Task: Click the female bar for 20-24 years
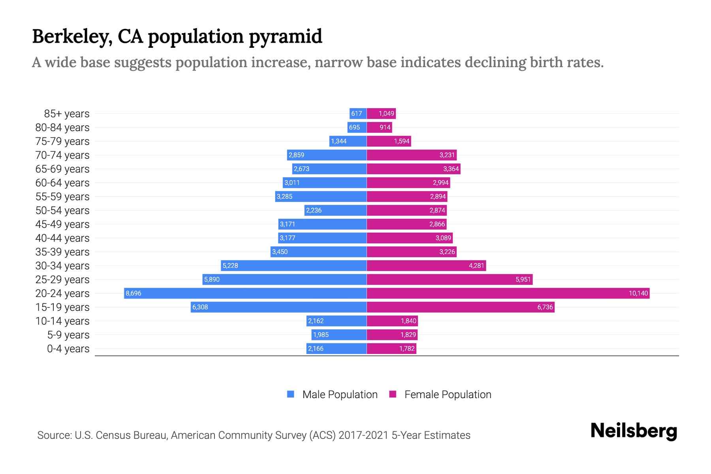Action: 508,293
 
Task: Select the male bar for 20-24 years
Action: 245,293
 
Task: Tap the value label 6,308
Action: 200,307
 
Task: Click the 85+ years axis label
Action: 67,114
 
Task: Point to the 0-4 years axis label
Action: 68,349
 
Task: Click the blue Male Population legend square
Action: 291,394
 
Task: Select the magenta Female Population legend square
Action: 393,394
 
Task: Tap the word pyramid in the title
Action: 286,36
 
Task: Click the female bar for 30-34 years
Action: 426,265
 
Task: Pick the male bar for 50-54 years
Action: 336,210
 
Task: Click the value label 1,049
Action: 386,114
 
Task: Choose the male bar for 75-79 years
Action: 348,141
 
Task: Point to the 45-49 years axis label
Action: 62,224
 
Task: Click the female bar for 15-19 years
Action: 460,307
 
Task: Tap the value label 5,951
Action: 523,279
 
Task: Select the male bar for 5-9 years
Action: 339,335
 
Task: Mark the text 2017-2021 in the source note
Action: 363,435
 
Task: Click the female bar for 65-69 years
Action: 414,169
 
